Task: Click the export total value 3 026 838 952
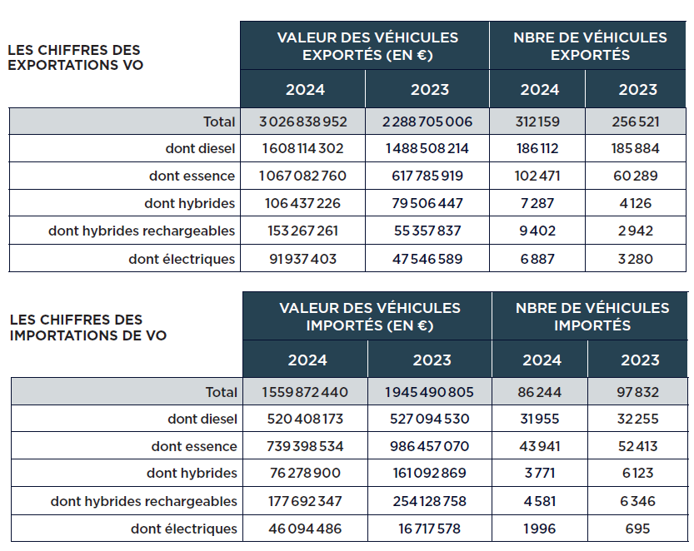click(302, 122)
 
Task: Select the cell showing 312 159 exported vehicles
click(537, 122)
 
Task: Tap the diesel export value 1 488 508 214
click(427, 149)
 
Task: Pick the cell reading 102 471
click(537, 176)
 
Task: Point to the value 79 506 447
click(427, 203)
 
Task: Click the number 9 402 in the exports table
click(537, 231)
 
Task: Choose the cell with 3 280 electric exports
click(635, 259)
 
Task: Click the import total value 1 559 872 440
click(305, 392)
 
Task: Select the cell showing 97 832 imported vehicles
click(638, 392)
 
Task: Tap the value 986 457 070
click(429, 446)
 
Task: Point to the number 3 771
click(540, 473)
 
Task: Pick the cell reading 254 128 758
click(429, 501)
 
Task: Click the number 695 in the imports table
click(638, 529)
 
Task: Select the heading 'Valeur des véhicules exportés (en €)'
click(367, 46)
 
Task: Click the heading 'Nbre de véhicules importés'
click(592, 316)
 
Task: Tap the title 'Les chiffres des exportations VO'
click(75, 57)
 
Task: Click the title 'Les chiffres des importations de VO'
click(87, 328)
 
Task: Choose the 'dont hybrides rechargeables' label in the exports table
click(142, 231)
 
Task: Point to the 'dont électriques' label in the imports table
click(183, 529)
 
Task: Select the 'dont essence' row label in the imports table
click(194, 446)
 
